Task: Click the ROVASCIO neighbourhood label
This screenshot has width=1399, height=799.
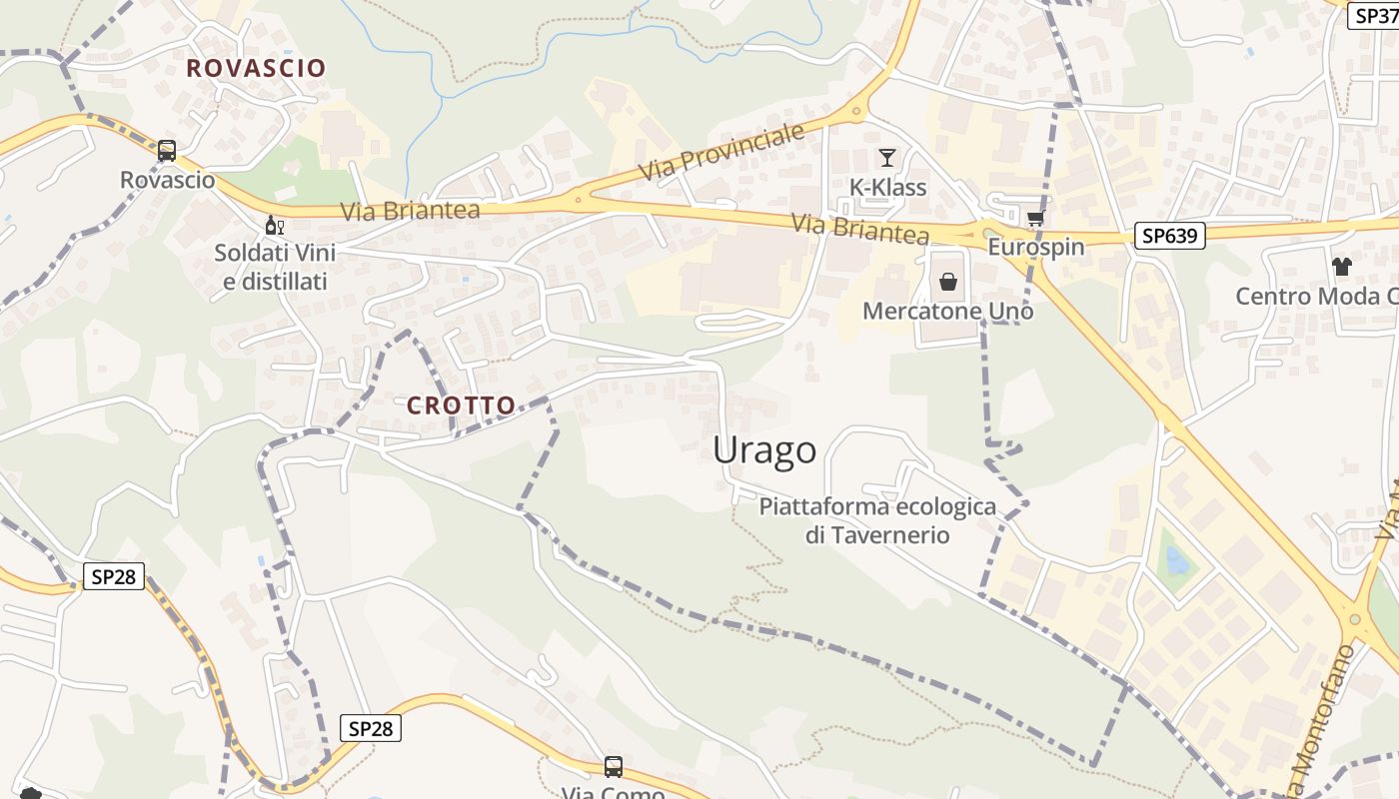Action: tap(256, 68)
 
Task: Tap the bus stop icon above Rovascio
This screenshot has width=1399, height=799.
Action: tap(167, 151)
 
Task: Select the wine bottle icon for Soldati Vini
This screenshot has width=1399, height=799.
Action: tap(274, 225)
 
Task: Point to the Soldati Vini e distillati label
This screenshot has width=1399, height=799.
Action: tap(275, 267)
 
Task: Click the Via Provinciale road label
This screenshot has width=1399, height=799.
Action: tap(722, 153)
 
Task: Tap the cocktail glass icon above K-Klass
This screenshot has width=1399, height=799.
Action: tap(886, 157)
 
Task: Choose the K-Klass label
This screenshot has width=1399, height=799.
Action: tap(887, 188)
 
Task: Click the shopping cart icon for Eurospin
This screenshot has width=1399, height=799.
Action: tap(1035, 218)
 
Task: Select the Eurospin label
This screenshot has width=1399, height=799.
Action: tap(1035, 247)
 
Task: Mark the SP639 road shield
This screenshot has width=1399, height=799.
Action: tap(1170, 236)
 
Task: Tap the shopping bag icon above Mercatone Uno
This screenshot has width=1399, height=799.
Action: tap(948, 283)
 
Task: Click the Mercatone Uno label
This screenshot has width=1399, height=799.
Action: tap(947, 312)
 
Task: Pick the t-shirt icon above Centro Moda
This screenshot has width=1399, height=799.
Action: tap(1341, 267)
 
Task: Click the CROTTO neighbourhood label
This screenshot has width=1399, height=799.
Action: tap(461, 405)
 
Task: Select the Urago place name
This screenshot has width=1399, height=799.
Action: tap(764, 450)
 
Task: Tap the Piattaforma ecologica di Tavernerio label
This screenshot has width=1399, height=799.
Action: tap(877, 520)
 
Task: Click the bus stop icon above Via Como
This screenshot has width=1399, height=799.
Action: tap(614, 767)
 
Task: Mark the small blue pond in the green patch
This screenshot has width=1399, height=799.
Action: tap(1177, 562)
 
